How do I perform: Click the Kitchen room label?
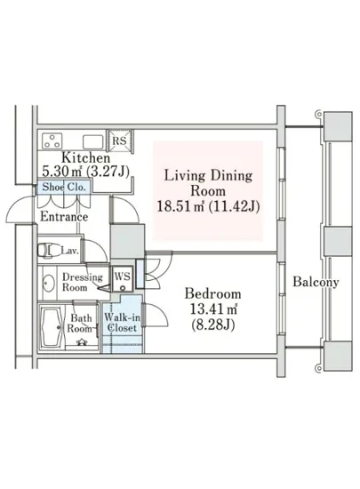[x=85, y=157]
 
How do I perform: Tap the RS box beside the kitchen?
[x=120, y=140]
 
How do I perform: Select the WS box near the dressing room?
[x=123, y=278]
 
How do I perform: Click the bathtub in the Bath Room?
[x=52, y=327]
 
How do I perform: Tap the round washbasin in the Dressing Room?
[x=48, y=284]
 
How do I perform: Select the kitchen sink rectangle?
[x=92, y=142]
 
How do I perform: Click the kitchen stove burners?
[x=52, y=141]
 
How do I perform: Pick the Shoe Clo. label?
[x=64, y=187]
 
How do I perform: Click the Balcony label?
[x=316, y=282]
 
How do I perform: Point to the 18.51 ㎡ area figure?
[x=180, y=206]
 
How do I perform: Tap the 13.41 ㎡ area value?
[x=214, y=309]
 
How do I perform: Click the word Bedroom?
[x=212, y=293]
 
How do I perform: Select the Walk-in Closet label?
[x=122, y=323]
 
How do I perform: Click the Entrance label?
[x=64, y=216]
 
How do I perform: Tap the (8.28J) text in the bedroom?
[x=212, y=325]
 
